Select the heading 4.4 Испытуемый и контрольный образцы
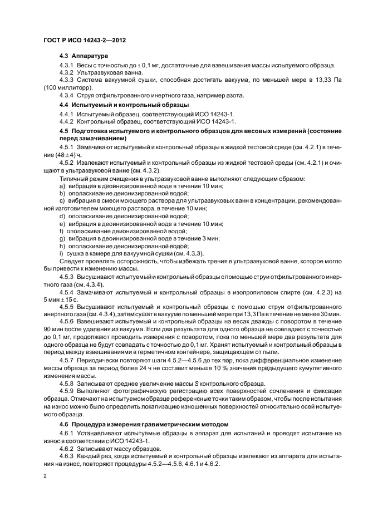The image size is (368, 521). [124, 105]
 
